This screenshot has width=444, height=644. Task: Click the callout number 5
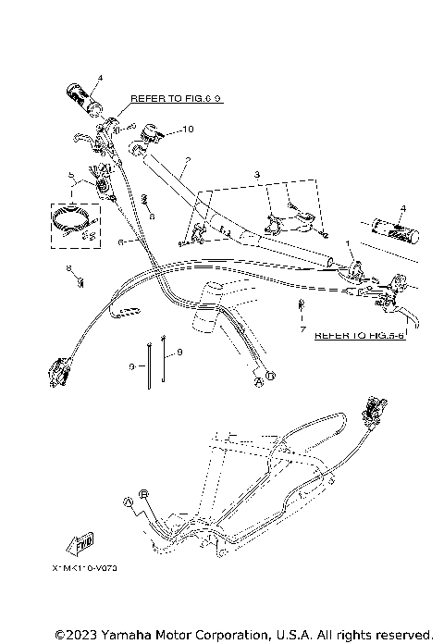(x=70, y=174)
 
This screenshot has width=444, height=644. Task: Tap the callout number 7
(x=302, y=328)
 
